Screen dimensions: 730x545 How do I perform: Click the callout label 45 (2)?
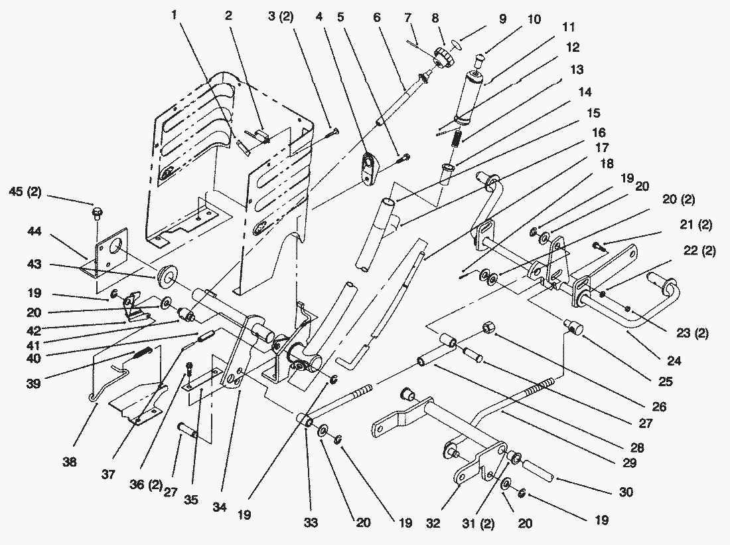25,192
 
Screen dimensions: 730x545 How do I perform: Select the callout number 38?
70,462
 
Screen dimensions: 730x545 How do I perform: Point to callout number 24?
674,360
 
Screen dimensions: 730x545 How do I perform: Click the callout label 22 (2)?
699,251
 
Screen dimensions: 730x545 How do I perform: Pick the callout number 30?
626,492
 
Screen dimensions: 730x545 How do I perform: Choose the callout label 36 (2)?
146,485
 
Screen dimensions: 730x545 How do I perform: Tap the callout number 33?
311,522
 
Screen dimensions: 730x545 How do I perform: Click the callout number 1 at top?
174,15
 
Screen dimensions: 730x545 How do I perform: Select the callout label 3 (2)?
281,17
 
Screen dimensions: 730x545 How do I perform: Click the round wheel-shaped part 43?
165,278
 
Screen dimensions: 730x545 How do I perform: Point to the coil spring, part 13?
457,138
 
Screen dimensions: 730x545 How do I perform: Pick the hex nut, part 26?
487,327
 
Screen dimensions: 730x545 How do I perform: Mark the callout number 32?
433,523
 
